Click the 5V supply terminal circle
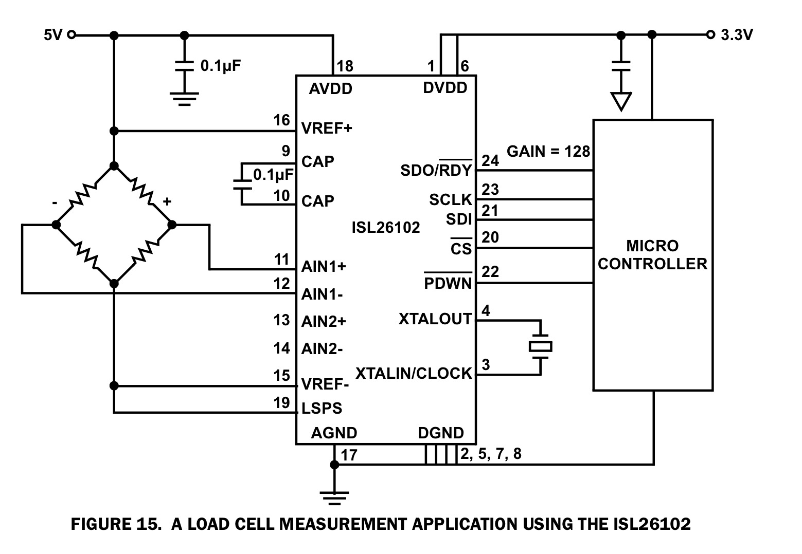[72, 35]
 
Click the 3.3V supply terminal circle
[710, 35]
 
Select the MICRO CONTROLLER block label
[652, 255]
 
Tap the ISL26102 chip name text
[385, 227]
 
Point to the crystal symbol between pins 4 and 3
[540, 347]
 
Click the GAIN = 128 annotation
[548, 152]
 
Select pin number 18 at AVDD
[345, 66]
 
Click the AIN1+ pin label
[324, 267]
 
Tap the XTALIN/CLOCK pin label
[414, 373]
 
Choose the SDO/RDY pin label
[436, 170]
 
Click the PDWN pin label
[448, 283]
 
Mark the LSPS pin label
[322, 409]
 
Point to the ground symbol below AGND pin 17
[334, 496]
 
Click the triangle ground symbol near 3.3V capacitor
[621, 101]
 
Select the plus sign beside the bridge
[167, 201]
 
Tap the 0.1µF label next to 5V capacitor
[220, 66]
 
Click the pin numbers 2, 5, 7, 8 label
[491, 454]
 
